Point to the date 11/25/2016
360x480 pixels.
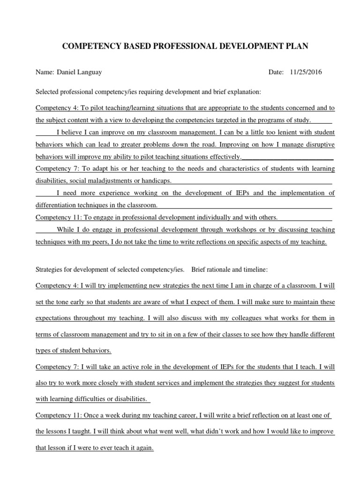point(306,73)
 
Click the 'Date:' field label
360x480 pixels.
point(276,73)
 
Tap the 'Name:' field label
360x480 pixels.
point(45,73)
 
